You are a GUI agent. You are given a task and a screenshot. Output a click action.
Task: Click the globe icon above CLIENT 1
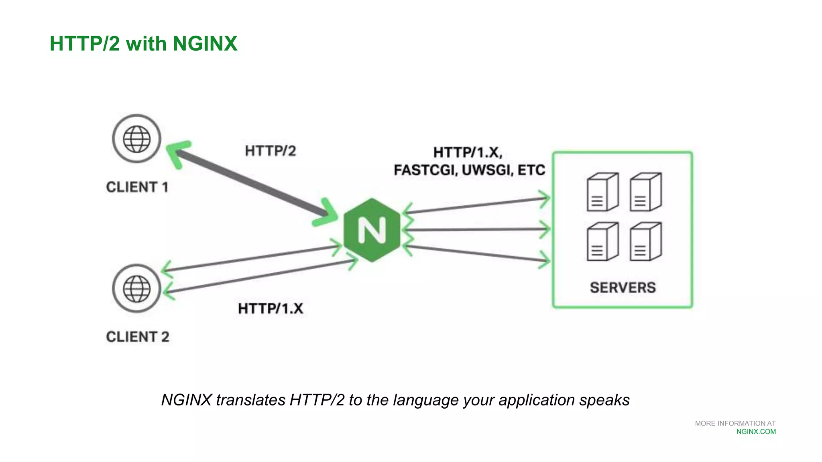(x=136, y=139)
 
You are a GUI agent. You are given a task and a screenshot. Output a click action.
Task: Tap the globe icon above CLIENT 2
(x=136, y=288)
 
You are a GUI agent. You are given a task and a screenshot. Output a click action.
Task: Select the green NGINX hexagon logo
(x=372, y=230)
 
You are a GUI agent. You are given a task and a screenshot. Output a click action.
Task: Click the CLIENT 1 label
(x=137, y=187)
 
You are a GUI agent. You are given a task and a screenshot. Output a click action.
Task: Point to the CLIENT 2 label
(x=137, y=337)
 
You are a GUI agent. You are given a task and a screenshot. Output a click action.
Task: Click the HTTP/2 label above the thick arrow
(x=270, y=151)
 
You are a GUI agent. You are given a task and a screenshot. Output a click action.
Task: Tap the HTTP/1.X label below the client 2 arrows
(x=271, y=309)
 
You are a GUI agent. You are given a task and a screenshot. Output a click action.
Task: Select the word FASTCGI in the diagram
(x=425, y=170)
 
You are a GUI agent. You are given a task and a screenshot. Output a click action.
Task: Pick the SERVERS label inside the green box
(x=623, y=288)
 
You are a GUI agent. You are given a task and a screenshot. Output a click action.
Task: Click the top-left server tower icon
(x=602, y=192)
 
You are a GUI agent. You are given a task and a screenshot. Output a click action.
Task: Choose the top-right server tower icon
(x=645, y=192)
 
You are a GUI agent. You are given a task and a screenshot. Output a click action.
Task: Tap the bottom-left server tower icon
(x=602, y=242)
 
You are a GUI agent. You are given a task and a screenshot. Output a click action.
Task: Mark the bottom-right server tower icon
(x=645, y=242)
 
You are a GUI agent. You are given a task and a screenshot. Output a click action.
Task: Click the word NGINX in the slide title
(x=205, y=43)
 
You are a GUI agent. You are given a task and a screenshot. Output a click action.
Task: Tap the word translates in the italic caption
(x=250, y=400)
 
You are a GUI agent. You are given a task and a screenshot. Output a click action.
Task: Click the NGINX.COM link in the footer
(x=756, y=432)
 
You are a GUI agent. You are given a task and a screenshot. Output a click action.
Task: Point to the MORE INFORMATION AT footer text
(x=735, y=423)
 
